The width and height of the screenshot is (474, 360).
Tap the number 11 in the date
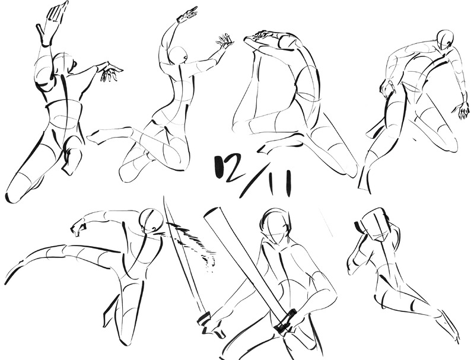click(281, 183)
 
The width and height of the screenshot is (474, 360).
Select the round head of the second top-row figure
click(178, 55)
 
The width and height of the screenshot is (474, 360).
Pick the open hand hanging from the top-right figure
click(462, 110)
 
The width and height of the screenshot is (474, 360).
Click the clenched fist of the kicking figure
click(78, 228)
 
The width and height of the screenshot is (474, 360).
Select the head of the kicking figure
click(152, 221)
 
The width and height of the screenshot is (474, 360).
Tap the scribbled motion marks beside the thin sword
click(193, 245)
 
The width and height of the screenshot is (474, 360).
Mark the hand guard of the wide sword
click(286, 320)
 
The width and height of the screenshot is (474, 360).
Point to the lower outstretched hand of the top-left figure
click(110, 72)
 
